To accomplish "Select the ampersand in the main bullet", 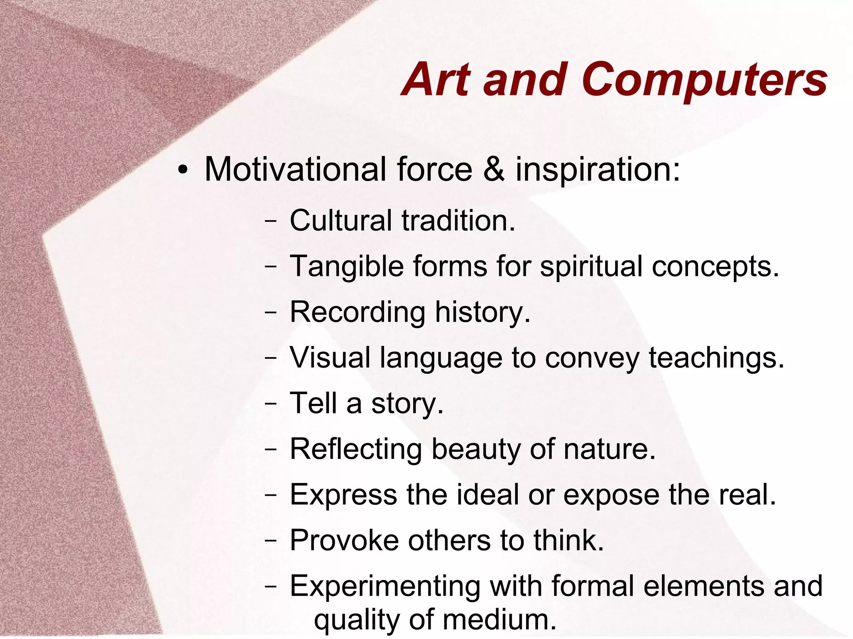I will pyautogui.click(x=494, y=169).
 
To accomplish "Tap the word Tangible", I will pyautogui.click(x=347, y=266).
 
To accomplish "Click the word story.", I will pyautogui.click(x=407, y=403).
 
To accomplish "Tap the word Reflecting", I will pyautogui.click(x=356, y=449).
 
